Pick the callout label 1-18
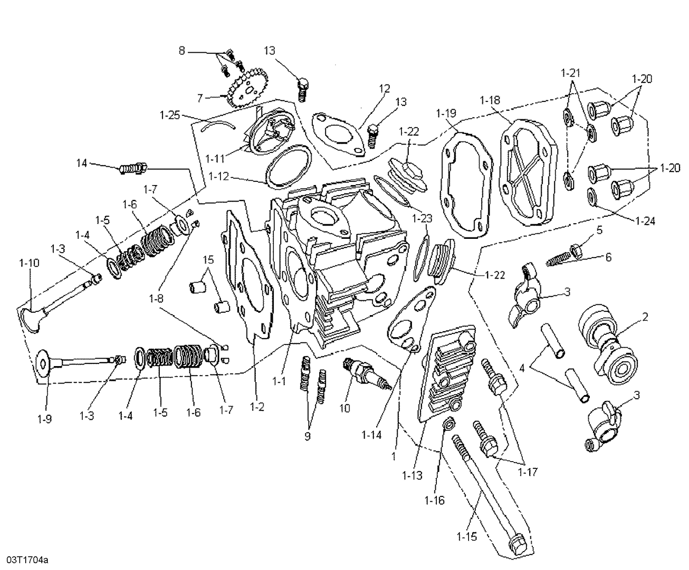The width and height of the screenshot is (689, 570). [490, 100]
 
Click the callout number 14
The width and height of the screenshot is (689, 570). [81, 163]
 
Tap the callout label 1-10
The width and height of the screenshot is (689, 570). [29, 263]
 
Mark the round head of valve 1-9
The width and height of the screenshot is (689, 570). [43, 363]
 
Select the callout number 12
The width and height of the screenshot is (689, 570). [384, 88]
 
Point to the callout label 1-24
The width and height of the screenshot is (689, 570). [645, 221]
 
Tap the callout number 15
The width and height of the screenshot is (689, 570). [208, 260]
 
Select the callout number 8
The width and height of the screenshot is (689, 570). [182, 51]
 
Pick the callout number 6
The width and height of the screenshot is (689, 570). [608, 257]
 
